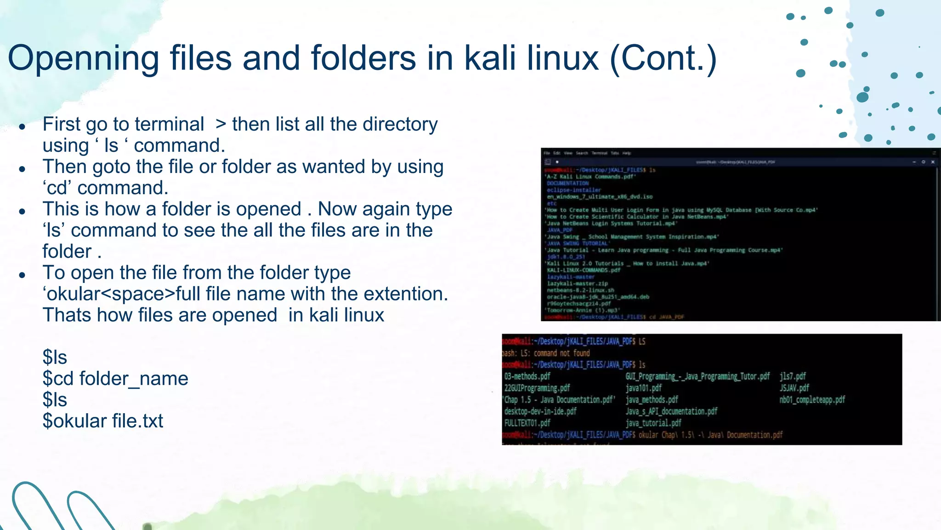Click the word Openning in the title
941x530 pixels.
(83, 58)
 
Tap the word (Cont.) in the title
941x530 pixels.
(663, 58)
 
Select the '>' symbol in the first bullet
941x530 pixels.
(221, 124)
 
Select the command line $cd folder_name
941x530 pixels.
(115, 379)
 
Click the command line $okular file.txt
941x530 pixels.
(103, 421)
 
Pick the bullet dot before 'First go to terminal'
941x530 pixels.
(22, 127)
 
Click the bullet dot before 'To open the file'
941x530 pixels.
(22, 275)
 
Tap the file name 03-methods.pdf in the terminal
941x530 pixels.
(527, 376)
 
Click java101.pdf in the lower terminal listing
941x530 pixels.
(643, 388)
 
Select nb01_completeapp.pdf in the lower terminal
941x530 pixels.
(812, 399)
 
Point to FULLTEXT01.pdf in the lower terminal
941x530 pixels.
(527, 423)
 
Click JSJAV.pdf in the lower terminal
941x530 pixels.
(794, 388)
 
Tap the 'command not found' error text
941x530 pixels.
(561, 353)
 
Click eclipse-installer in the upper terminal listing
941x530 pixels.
(573, 190)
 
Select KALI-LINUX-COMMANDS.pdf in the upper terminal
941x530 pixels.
(583, 270)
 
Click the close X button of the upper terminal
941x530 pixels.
(933, 162)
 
